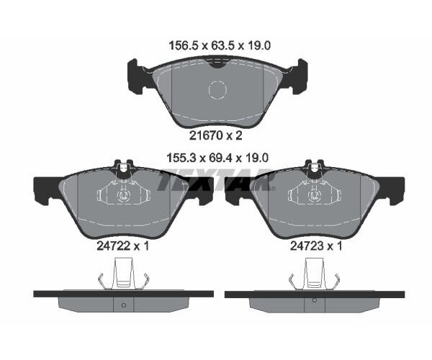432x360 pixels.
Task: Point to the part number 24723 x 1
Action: (x=315, y=245)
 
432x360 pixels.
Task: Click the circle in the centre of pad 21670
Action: (x=217, y=90)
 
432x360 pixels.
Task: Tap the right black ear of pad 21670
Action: (x=298, y=76)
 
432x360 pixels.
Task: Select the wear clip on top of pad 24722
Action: (x=122, y=170)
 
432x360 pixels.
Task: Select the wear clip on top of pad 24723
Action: (x=315, y=170)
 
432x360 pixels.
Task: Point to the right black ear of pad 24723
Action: (x=392, y=190)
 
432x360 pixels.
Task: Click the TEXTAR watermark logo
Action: (x=216, y=179)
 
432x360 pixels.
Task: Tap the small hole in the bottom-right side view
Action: (x=315, y=304)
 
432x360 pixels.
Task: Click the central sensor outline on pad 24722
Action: (x=122, y=194)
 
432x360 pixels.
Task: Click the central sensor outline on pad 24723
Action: (x=315, y=194)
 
